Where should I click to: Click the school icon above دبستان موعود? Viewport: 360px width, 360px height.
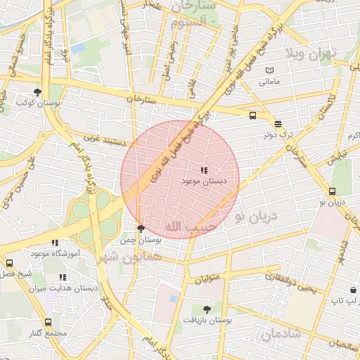point(204,170)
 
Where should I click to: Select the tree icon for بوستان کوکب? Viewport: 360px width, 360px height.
point(37,92)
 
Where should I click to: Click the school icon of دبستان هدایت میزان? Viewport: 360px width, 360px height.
point(63,278)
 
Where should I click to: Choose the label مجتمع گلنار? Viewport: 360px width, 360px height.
point(49,333)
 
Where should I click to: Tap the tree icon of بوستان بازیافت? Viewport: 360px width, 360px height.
point(206,309)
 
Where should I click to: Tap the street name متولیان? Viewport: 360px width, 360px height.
point(207,277)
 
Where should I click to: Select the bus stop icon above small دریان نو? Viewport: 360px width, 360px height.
point(333,191)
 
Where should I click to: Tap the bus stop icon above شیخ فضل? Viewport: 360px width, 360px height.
point(9,263)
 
